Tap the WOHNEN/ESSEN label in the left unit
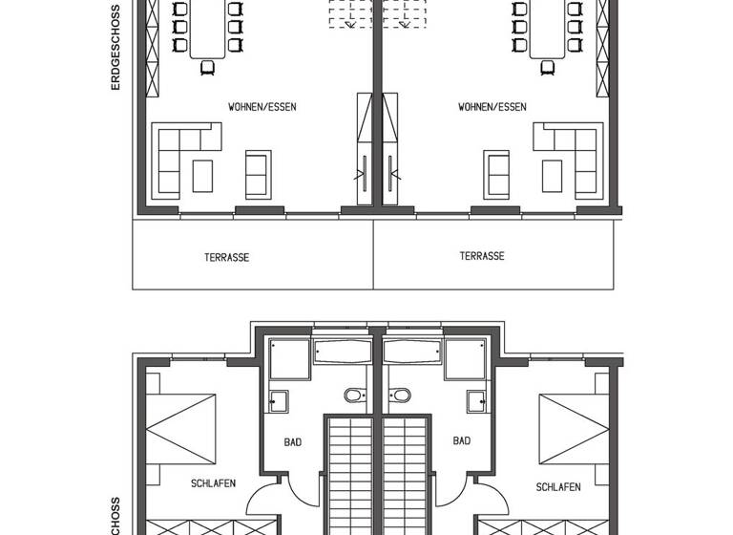coord(262,107)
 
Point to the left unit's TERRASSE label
coord(226,257)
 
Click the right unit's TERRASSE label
coord(481,256)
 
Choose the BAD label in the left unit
coord(292,441)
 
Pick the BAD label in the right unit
coord(462,441)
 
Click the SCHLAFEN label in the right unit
coord(557,486)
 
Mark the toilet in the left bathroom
coord(353,395)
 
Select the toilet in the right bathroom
coord(401,395)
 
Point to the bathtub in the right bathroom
coord(414,351)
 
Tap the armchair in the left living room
coord(258,173)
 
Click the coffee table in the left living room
coord(202,176)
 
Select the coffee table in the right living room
coord(552,176)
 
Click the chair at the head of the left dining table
coord(208,66)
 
